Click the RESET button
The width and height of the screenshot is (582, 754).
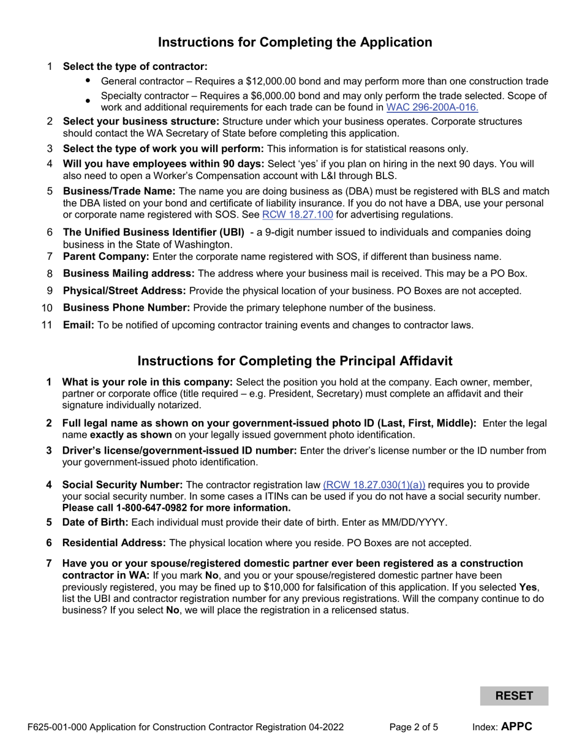click(x=513, y=696)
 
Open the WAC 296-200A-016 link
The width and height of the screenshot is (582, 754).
click(x=432, y=107)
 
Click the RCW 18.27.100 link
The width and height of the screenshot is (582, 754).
click(x=297, y=215)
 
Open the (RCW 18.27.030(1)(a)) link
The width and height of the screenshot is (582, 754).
click(x=374, y=485)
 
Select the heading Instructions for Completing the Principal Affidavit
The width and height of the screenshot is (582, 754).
click(x=295, y=360)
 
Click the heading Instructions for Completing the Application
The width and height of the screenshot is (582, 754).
click(x=295, y=42)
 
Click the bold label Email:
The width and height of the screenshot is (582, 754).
click(x=78, y=326)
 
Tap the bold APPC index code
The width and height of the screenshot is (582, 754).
click(x=516, y=728)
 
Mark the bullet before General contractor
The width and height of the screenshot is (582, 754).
click(x=88, y=81)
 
